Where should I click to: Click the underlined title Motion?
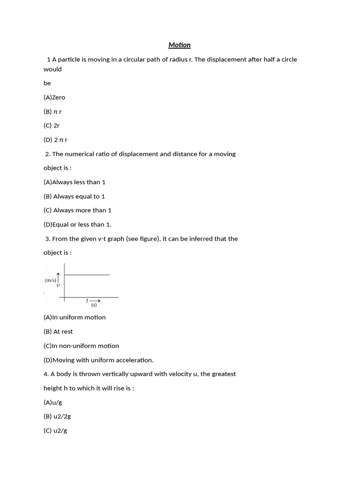(x=180, y=45)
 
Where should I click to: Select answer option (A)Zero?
(x=54, y=97)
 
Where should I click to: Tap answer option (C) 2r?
(x=52, y=126)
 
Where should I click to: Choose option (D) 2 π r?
(x=55, y=140)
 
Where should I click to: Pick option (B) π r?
(x=52, y=112)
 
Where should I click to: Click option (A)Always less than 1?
(x=75, y=182)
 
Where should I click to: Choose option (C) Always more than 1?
(x=77, y=210)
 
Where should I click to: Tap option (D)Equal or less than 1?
(x=77, y=225)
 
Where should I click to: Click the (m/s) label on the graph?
(x=50, y=280)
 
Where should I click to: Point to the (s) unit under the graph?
(x=94, y=305)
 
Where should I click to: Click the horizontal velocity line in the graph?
(x=87, y=275)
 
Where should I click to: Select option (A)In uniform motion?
(x=75, y=317)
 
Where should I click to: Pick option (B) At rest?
(x=58, y=331)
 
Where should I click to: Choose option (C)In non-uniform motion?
(x=81, y=346)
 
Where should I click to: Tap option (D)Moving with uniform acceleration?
(x=98, y=360)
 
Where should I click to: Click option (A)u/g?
(x=52, y=402)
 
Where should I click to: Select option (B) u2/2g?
(x=57, y=416)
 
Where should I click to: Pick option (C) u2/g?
(x=55, y=430)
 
